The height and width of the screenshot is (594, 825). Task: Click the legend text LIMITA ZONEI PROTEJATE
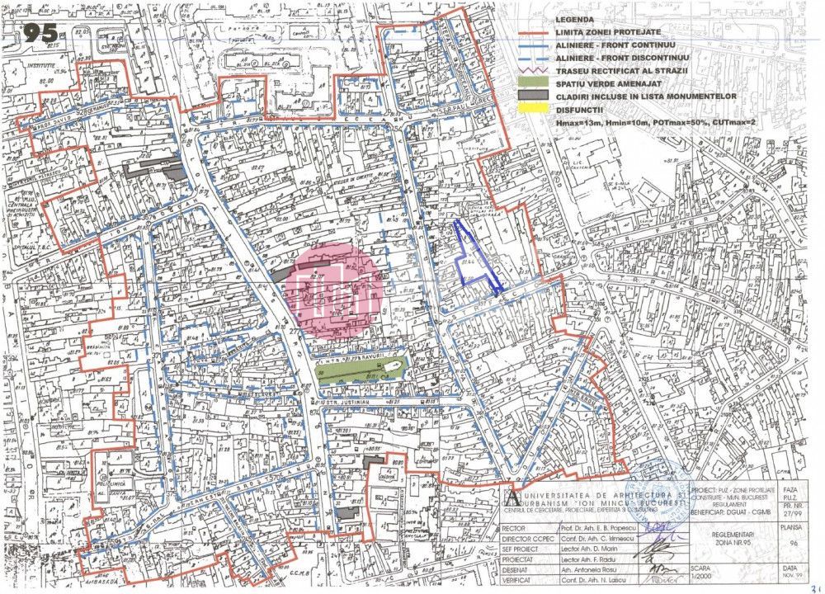click(605, 31)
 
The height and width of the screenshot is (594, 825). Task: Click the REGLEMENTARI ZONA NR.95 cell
click(733, 536)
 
